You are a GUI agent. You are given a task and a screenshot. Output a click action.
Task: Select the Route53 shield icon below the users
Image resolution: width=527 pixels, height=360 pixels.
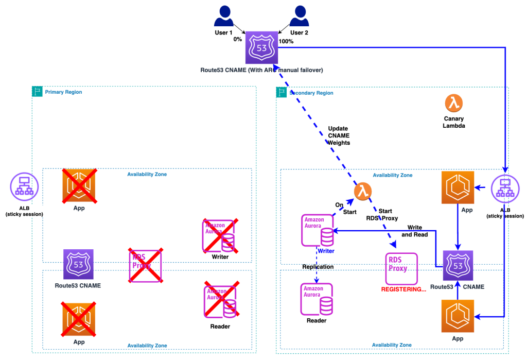[261, 46]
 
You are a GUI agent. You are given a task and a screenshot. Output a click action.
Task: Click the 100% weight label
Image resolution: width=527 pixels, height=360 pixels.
[286, 41]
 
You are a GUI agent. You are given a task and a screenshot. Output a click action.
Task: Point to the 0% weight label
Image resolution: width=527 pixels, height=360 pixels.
[238, 39]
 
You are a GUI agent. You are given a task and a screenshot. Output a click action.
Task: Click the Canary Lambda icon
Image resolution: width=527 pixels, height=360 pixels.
[453, 104]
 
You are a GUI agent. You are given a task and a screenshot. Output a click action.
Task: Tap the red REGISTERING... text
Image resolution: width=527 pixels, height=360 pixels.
[403, 289]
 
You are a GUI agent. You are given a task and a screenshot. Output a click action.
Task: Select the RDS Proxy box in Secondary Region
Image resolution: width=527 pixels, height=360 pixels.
[401, 267]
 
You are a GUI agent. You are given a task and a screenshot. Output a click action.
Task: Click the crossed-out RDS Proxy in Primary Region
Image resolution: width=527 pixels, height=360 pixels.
[145, 265]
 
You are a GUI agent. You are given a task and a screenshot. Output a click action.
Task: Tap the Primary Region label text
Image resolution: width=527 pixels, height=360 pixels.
[63, 92]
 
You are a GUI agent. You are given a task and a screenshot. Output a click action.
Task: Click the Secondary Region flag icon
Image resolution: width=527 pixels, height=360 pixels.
[282, 92]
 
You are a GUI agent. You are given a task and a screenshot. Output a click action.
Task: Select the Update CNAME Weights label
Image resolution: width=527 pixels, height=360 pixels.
[339, 135]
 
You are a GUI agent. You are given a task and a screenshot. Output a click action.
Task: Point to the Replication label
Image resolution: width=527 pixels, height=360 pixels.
[318, 267]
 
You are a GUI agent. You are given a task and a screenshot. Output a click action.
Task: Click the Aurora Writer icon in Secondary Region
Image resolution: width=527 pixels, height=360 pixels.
[318, 231]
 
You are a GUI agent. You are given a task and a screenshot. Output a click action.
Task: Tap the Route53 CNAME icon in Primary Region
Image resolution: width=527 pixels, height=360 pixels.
[78, 265]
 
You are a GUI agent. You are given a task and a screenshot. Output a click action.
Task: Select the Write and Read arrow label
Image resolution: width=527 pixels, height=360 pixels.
[414, 231]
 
